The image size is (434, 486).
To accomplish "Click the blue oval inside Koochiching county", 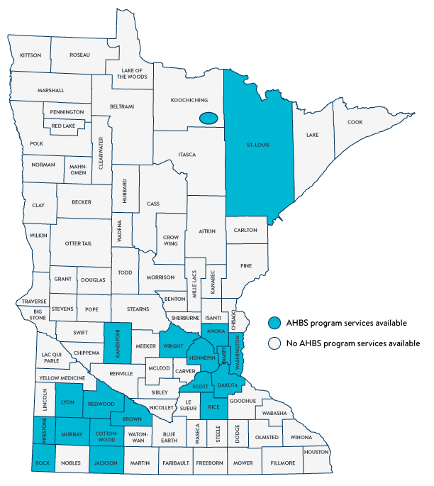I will coord(208,118).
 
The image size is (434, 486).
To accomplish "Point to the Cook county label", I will coord(355,122).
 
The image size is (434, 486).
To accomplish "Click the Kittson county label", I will coord(31,55).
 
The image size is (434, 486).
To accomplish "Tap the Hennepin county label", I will coord(202,359).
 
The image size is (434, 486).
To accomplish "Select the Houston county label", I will coord(317,452).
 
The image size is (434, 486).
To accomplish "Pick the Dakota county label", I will coord(227,385).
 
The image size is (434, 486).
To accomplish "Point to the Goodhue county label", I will coord(263,401).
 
